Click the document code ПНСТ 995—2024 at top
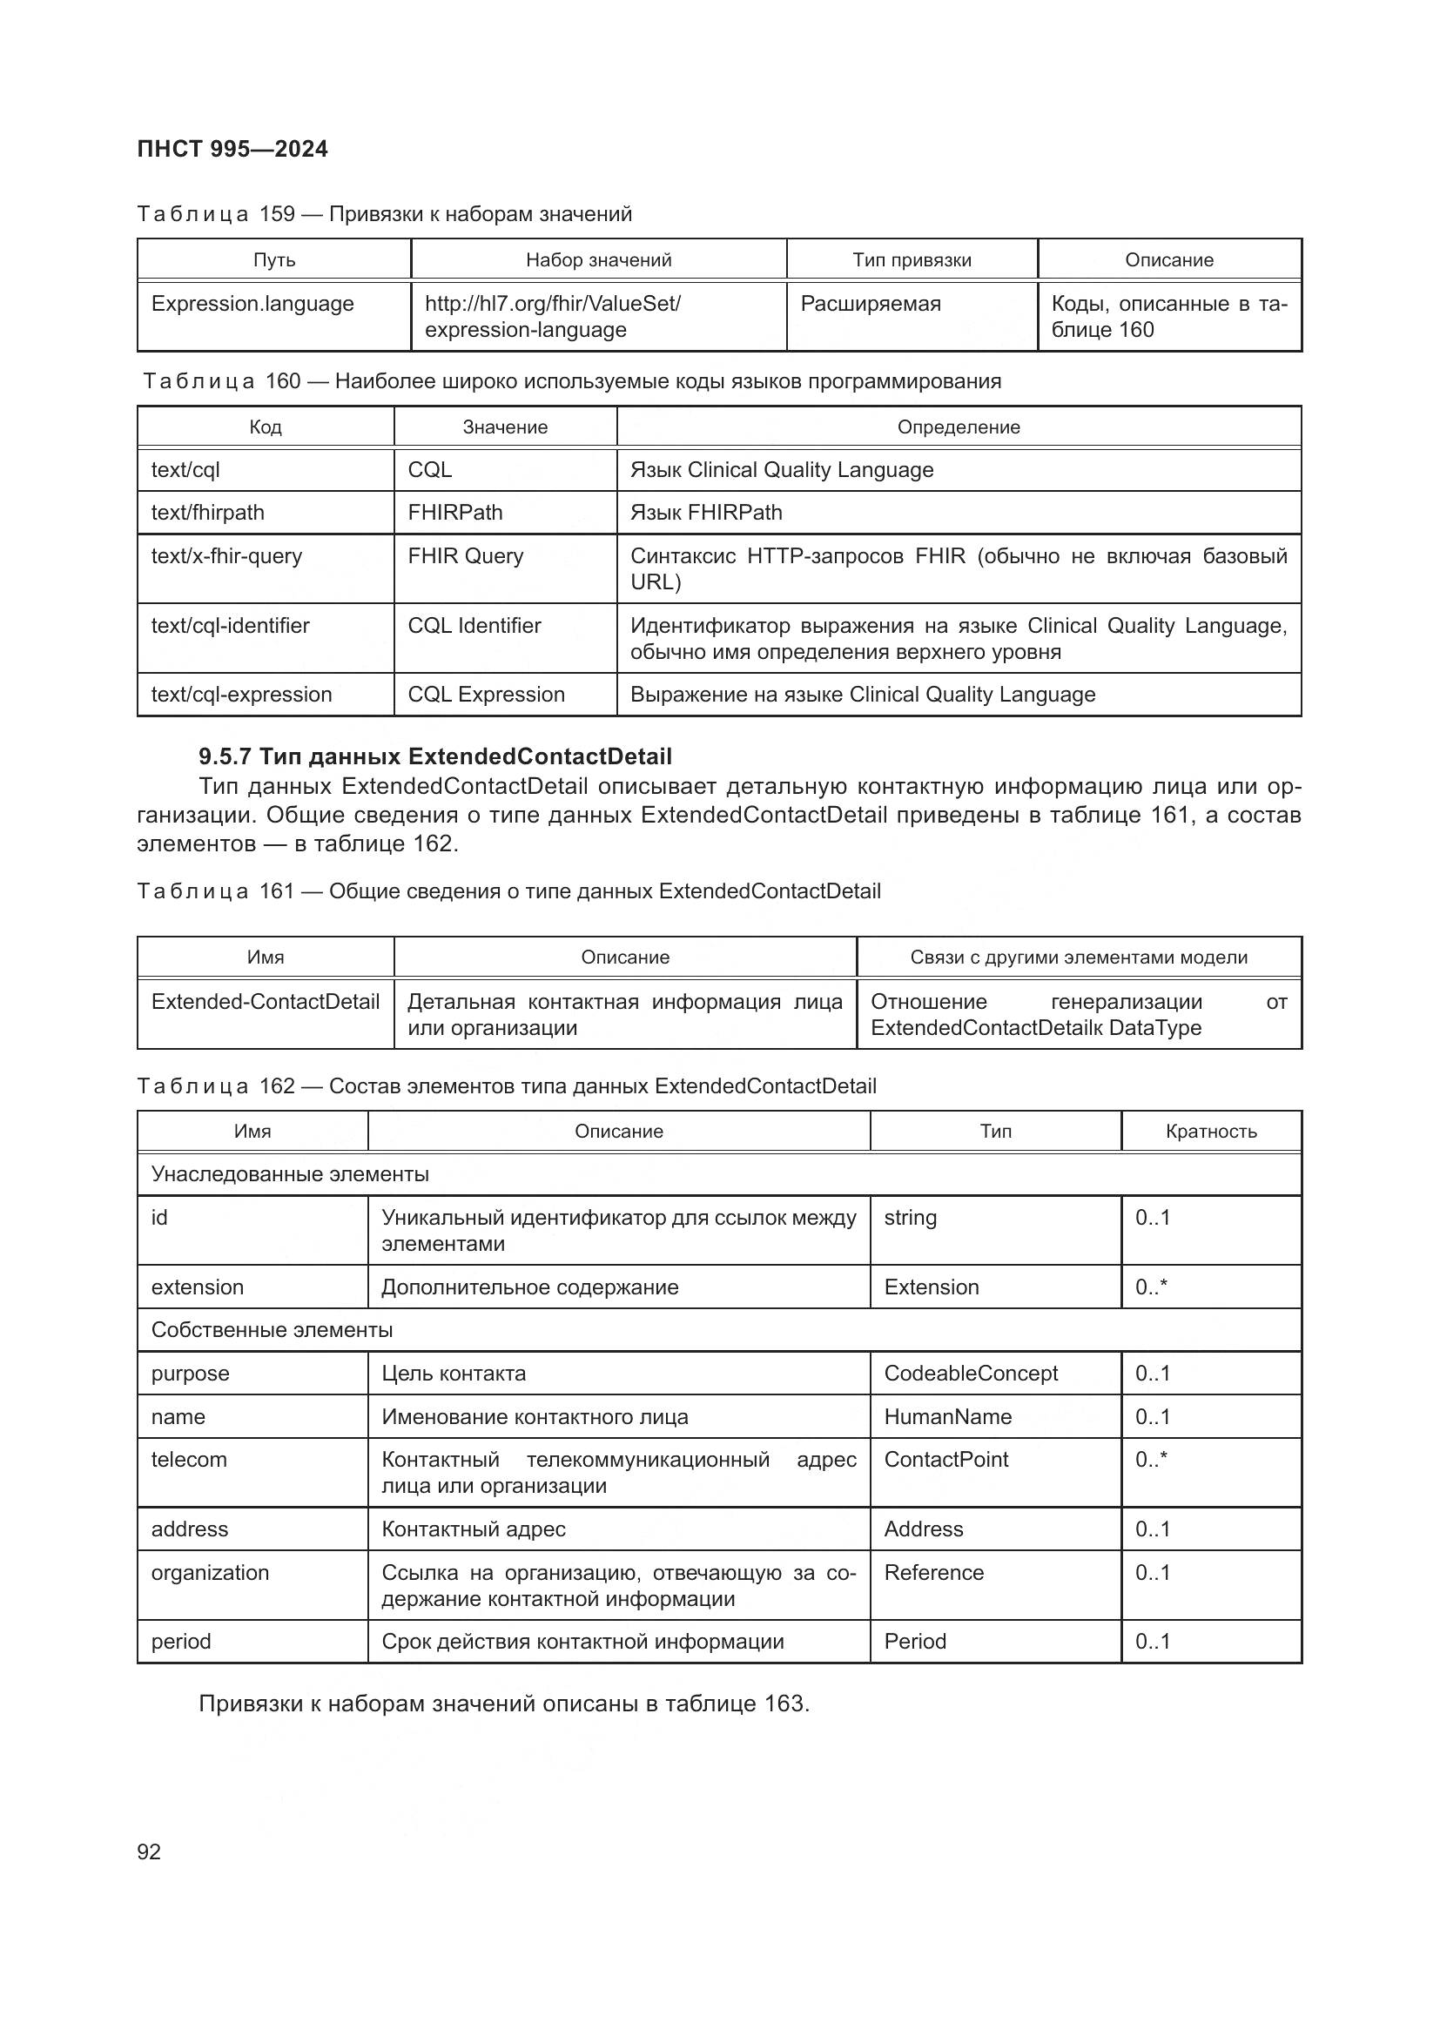232,149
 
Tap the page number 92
149,1851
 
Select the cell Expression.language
252,304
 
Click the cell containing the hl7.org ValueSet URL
553,317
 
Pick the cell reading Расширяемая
871,304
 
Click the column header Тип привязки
912,259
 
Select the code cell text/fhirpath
207,513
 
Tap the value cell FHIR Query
466,556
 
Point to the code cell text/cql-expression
241,695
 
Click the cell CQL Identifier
474,626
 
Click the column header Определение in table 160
959,427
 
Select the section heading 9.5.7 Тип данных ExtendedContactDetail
434,756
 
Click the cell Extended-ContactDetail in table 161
266,1002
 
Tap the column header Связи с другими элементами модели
1078,958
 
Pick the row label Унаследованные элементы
290,1174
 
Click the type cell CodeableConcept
971,1374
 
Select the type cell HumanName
947,1417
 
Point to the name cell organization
210,1573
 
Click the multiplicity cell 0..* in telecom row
1151,1460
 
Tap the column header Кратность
1210,1132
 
